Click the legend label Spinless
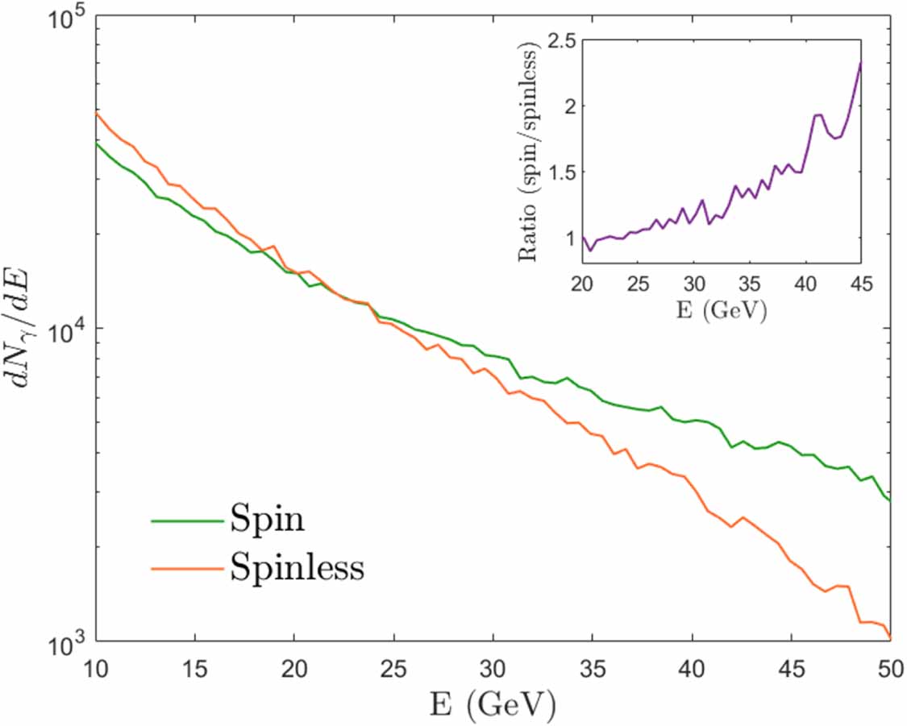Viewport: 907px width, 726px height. point(297,568)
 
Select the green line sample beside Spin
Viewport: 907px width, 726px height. point(187,521)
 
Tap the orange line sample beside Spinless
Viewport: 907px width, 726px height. point(187,568)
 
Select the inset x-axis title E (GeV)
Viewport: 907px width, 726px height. point(722,310)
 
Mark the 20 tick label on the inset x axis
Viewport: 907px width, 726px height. point(580,284)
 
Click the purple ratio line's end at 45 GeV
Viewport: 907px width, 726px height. point(861,63)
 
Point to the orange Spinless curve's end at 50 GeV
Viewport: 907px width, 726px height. point(890,638)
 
